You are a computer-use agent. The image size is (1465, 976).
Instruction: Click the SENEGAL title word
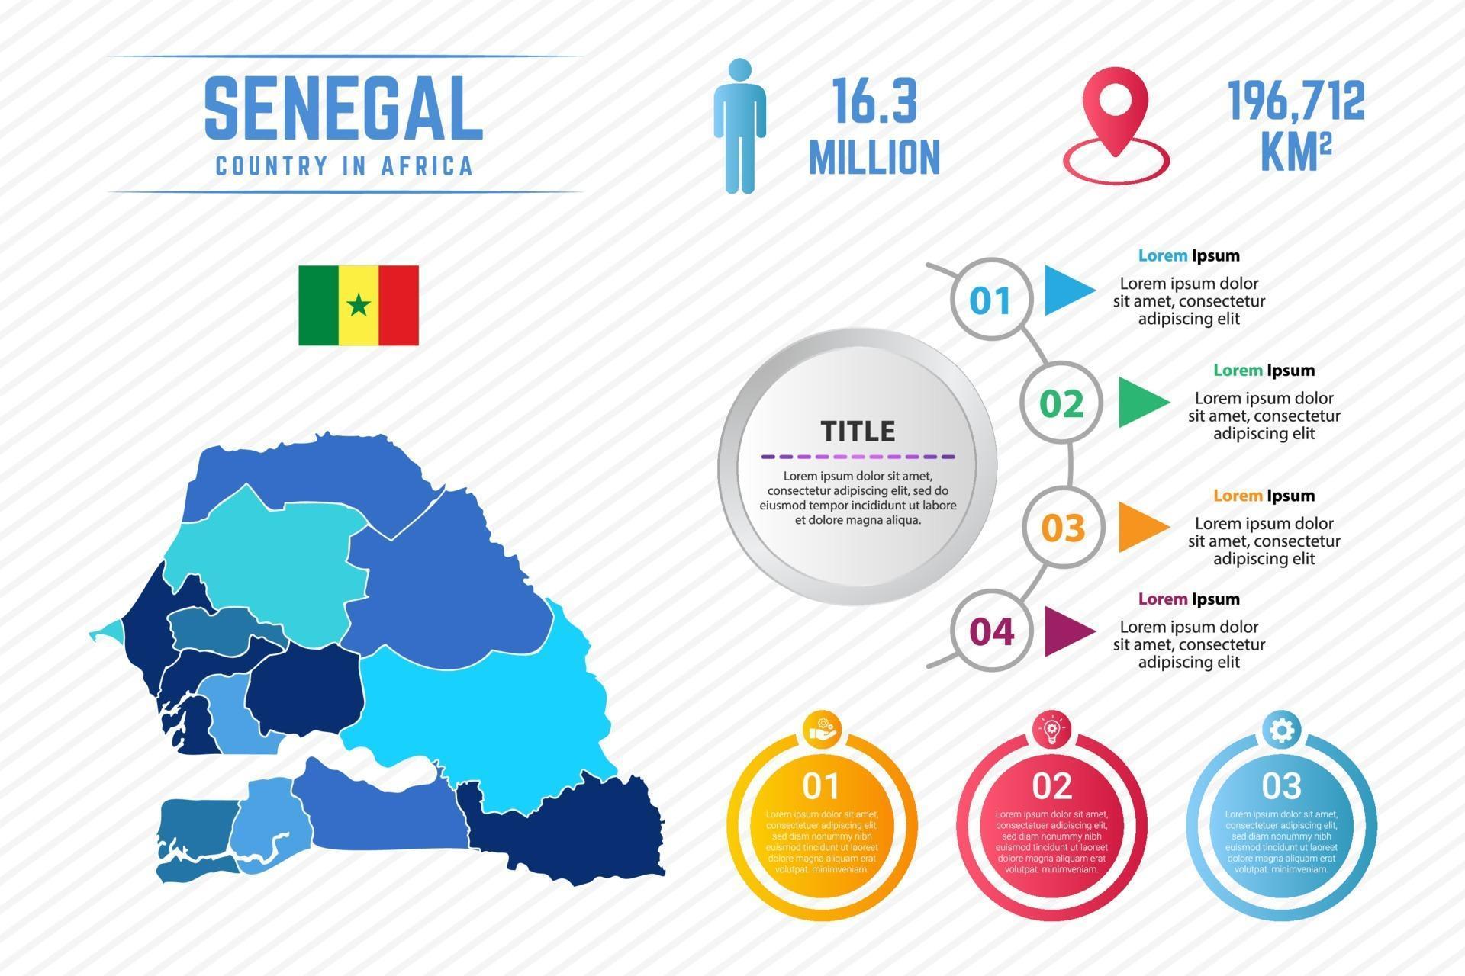[343, 108]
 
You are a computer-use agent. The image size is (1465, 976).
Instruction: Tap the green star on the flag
[359, 305]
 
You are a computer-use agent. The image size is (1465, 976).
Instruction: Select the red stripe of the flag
[398, 305]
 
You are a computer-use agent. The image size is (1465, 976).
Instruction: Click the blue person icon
[739, 126]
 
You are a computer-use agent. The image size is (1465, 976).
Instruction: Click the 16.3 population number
[874, 101]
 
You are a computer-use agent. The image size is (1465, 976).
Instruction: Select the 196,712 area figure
[1296, 101]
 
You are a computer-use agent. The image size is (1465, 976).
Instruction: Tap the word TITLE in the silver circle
[858, 432]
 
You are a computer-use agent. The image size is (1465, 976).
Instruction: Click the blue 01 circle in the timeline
[990, 300]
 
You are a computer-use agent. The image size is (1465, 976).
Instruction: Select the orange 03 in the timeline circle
[1063, 528]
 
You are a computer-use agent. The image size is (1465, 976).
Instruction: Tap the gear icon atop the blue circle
[1281, 730]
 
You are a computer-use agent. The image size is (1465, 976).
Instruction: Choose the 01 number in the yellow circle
[821, 785]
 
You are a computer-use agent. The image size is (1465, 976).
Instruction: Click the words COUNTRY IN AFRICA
[344, 165]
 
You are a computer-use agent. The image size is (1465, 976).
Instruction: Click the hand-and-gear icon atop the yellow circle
[822, 730]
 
